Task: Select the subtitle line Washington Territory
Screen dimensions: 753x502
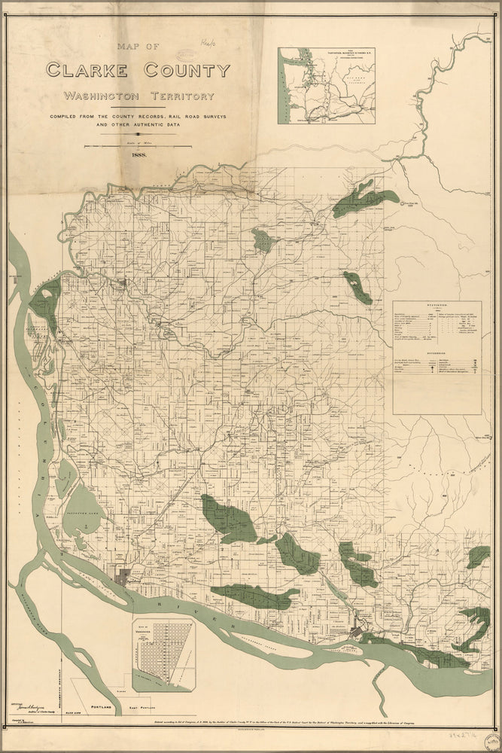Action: point(138,96)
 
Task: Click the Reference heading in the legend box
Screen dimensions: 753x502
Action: point(437,350)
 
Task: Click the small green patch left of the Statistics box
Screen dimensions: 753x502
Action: point(358,288)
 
